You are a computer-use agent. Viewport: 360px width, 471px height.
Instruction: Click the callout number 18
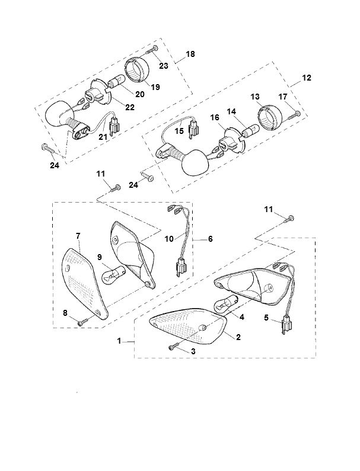tap(190, 54)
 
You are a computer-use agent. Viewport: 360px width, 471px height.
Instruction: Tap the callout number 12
tap(307, 78)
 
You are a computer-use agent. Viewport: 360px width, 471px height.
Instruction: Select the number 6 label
tap(210, 239)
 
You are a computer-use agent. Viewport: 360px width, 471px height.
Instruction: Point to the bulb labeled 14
tap(251, 126)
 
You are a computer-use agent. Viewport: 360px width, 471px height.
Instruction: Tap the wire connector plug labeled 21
tap(115, 125)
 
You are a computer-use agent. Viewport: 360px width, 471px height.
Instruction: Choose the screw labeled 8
tap(83, 321)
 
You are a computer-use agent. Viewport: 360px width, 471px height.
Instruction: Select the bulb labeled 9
tap(113, 274)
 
